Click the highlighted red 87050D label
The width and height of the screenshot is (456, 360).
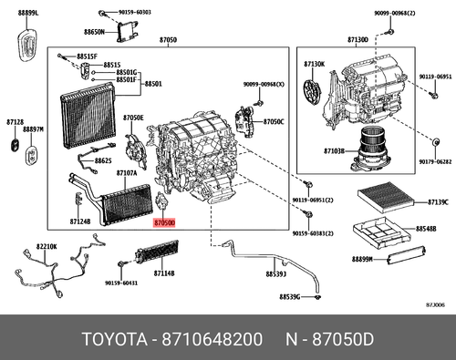tap(165, 221)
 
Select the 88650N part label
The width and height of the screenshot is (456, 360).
tap(89, 32)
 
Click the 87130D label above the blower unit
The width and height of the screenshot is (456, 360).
tap(358, 40)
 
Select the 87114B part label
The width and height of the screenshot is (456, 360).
tap(164, 273)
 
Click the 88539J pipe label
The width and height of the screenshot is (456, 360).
tap(276, 273)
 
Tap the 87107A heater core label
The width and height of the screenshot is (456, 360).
tap(127, 172)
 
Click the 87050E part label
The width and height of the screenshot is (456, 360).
tap(133, 118)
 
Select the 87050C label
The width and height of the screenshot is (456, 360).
tap(275, 121)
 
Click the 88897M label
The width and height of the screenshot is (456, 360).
tap(34, 130)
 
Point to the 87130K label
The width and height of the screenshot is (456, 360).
tap(314, 64)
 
